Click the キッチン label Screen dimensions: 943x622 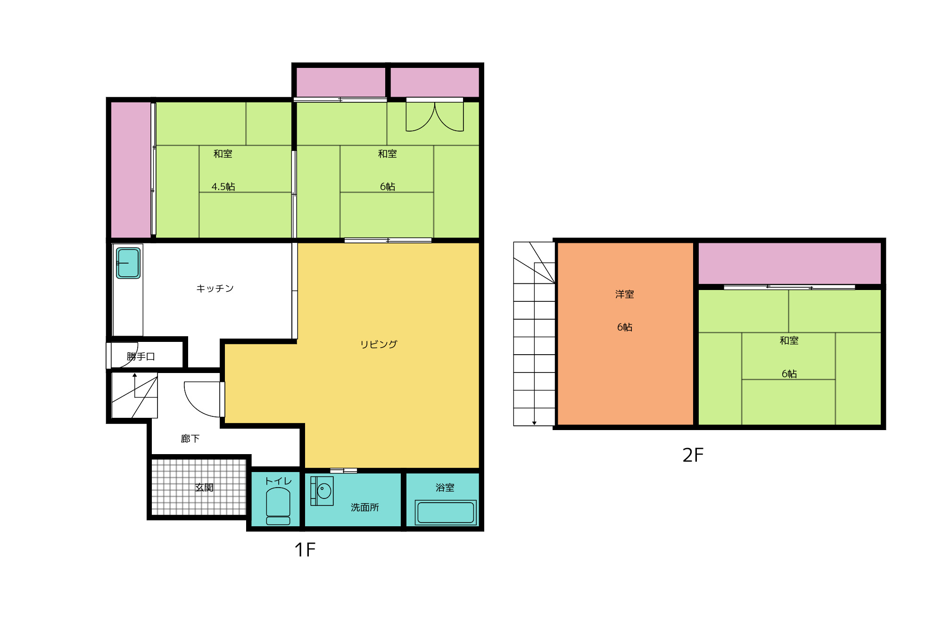coord(215,288)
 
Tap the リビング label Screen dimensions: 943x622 coord(379,344)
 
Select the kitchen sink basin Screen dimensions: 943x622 coord(128,263)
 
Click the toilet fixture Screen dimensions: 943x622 coord(278,506)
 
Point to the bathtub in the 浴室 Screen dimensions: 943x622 coord(446,513)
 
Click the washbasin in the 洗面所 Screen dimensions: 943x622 coord(323,491)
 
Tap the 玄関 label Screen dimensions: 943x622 coord(204,488)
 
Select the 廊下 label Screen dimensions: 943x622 coord(190,439)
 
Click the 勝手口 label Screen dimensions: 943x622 coord(141,357)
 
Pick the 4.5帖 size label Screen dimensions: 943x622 coord(223,187)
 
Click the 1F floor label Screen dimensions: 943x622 coord(305,549)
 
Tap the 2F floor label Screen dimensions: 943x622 coord(693,455)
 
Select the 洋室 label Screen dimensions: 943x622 coord(625,294)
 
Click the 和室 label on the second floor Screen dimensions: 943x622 coord(789,340)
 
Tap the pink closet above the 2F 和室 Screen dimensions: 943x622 coord(790,264)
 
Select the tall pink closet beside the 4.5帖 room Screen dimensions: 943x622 coord(131,170)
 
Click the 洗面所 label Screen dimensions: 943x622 coord(365,507)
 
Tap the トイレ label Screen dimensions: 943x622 coord(279,481)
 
